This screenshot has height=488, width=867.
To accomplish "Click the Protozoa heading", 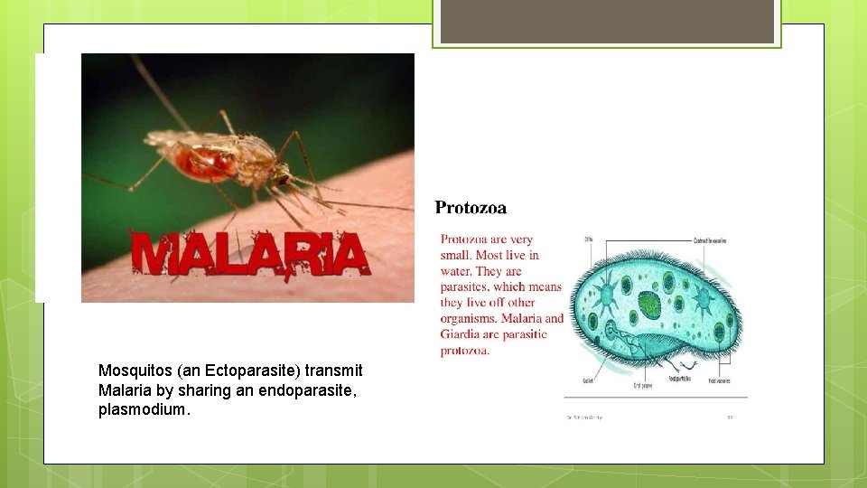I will pyautogui.click(x=471, y=208).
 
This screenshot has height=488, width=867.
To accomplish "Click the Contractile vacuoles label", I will pyautogui.click(x=710, y=241).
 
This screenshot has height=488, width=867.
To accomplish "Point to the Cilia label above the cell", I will pyautogui.click(x=588, y=240).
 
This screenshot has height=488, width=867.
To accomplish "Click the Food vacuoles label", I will pyautogui.click(x=719, y=381).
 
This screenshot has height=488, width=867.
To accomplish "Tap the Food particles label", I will pyautogui.click(x=679, y=380).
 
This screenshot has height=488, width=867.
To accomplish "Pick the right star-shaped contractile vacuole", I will pyautogui.click(x=703, y=298).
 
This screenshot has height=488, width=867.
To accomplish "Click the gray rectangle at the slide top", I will pyautogui.click(x=607, y=21).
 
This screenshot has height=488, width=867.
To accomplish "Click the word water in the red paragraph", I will pyautogui.click(x=456, y=271).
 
